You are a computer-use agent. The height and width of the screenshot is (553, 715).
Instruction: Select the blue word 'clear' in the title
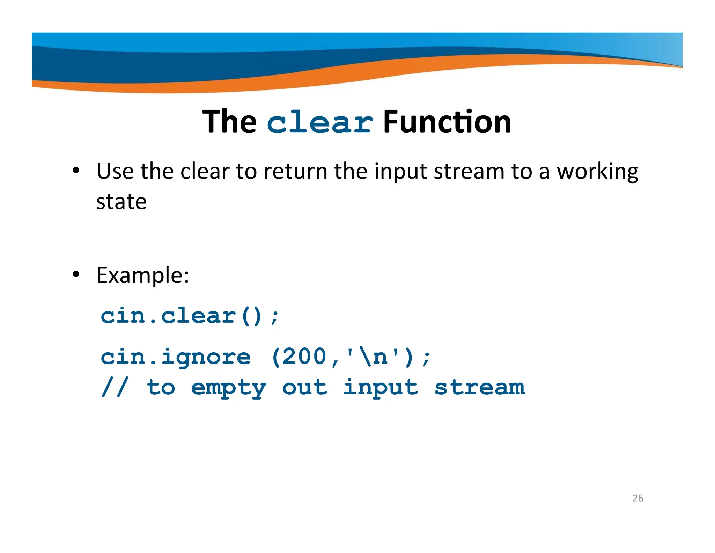pos(320,122)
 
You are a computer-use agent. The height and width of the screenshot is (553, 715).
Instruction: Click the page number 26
pos(637,498)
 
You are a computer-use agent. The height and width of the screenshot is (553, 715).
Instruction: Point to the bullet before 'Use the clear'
pos(76,171)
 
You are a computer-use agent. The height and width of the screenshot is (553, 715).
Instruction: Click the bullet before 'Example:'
pos(76,275)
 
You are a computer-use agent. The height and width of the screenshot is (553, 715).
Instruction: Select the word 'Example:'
pos(143,275)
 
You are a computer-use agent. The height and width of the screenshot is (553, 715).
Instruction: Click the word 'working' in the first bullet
pos(597,172)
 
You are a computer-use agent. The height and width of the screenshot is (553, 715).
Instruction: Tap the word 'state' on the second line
pos(121,202)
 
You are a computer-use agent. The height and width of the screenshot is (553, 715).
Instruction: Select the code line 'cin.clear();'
pos(190,316)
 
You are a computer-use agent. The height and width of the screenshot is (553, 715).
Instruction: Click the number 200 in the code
pos(304,357)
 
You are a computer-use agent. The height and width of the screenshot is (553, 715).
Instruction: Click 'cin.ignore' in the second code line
pos(176,357)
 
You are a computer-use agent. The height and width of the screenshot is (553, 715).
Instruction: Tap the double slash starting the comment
pos(115,387)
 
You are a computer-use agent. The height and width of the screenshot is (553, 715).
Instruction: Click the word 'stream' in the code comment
pos(479,387)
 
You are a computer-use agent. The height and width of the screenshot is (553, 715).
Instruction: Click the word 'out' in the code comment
pos(304,387)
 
